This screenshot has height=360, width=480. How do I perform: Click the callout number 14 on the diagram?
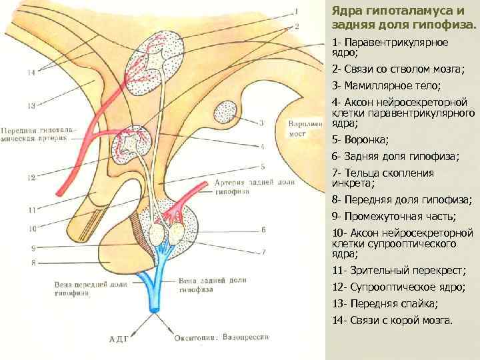pos(31,73)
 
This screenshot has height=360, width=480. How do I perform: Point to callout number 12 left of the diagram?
pos(31,178)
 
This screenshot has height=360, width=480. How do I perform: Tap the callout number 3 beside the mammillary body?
pos(261,123)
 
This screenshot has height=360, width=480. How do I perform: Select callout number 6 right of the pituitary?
pos(263,229)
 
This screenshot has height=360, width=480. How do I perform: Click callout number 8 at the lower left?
pos(31,263)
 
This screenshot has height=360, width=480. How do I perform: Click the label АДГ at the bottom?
pos(118,339)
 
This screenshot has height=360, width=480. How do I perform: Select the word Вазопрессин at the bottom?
pos(247,337)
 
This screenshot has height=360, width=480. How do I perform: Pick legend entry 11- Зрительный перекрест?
pos(399,271)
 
